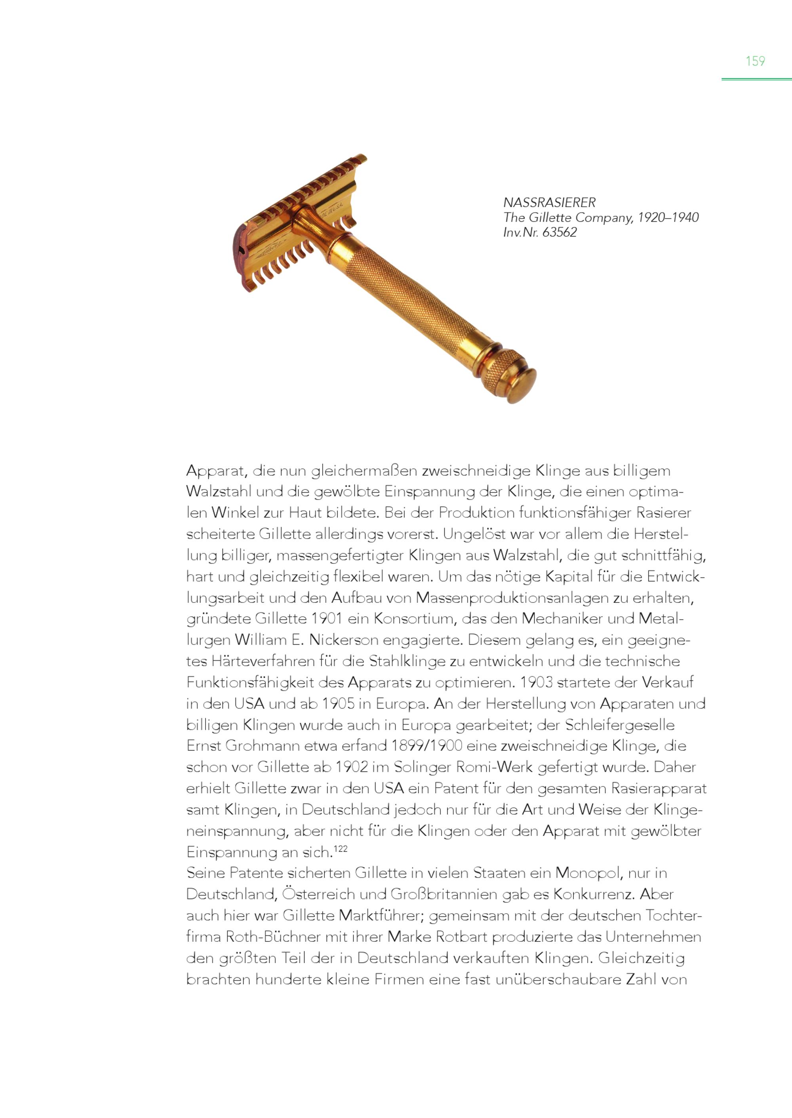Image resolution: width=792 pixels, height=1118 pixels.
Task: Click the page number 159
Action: click(755, 61)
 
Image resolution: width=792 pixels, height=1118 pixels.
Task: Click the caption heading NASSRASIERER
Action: click(549, 202)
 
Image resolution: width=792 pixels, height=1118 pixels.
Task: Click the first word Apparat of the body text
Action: click(215, 471)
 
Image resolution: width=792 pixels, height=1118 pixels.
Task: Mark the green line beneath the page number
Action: click(756, 79)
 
